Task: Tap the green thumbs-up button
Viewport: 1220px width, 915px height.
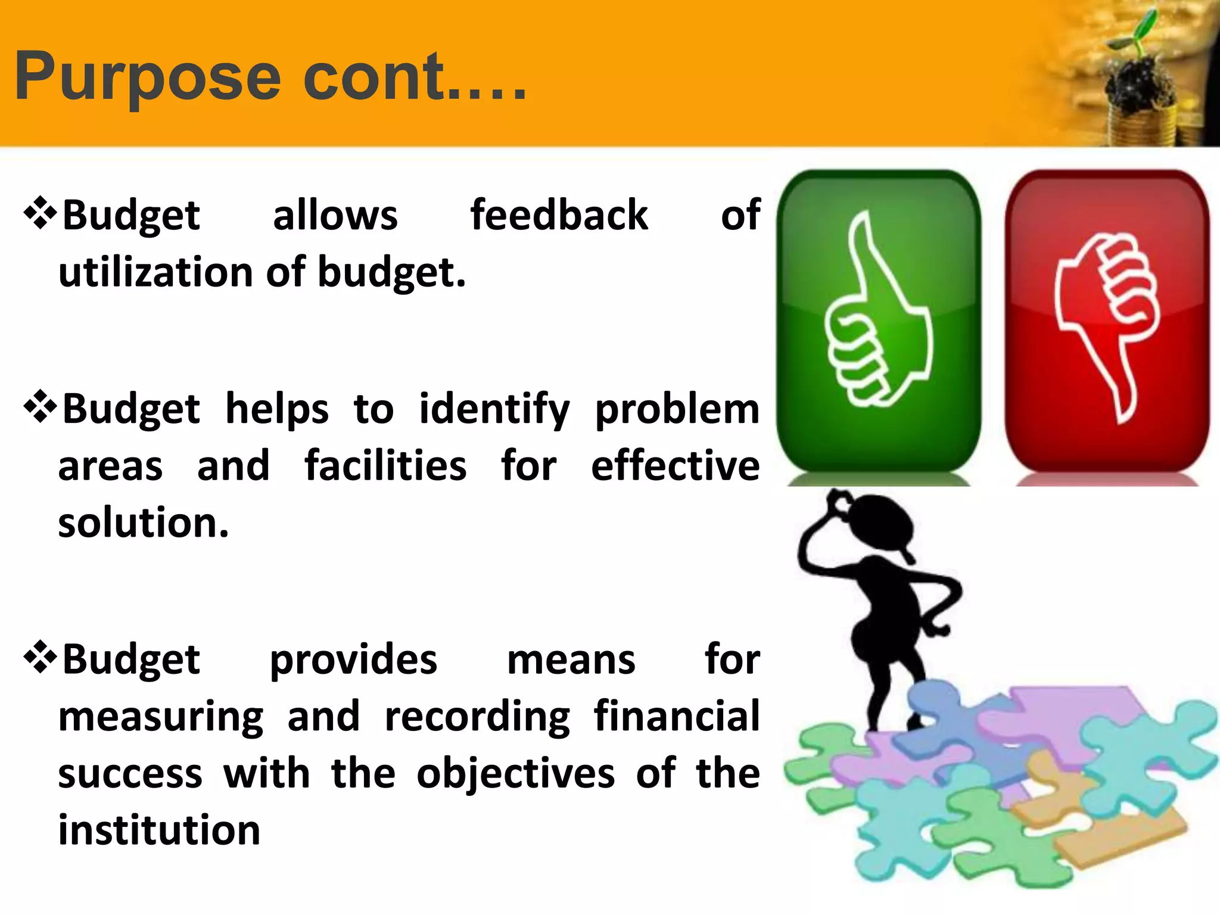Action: click(x=879, y=322)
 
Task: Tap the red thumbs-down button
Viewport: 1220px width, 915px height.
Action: click(x=1107, y=322)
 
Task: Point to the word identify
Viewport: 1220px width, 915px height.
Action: click(x=494, y=410)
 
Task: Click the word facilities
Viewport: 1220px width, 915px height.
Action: click(x=385, y=466)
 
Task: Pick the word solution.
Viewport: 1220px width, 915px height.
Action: click(x=143, y=523)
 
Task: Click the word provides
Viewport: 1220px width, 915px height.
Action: click(x=353, y=660)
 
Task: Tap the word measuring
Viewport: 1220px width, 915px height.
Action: click(x=161, y=717)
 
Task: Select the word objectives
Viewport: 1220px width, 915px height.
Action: click(x=515, y=774)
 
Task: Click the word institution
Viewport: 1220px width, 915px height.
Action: click(x=159, y=830)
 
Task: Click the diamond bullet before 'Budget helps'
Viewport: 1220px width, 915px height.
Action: click(x=40, y=407)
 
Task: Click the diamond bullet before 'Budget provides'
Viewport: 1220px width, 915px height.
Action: click(x=40, y=658)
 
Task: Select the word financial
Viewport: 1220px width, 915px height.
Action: click(x=677, y=716)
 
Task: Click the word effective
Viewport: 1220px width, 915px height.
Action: click(x=675, y=466)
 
